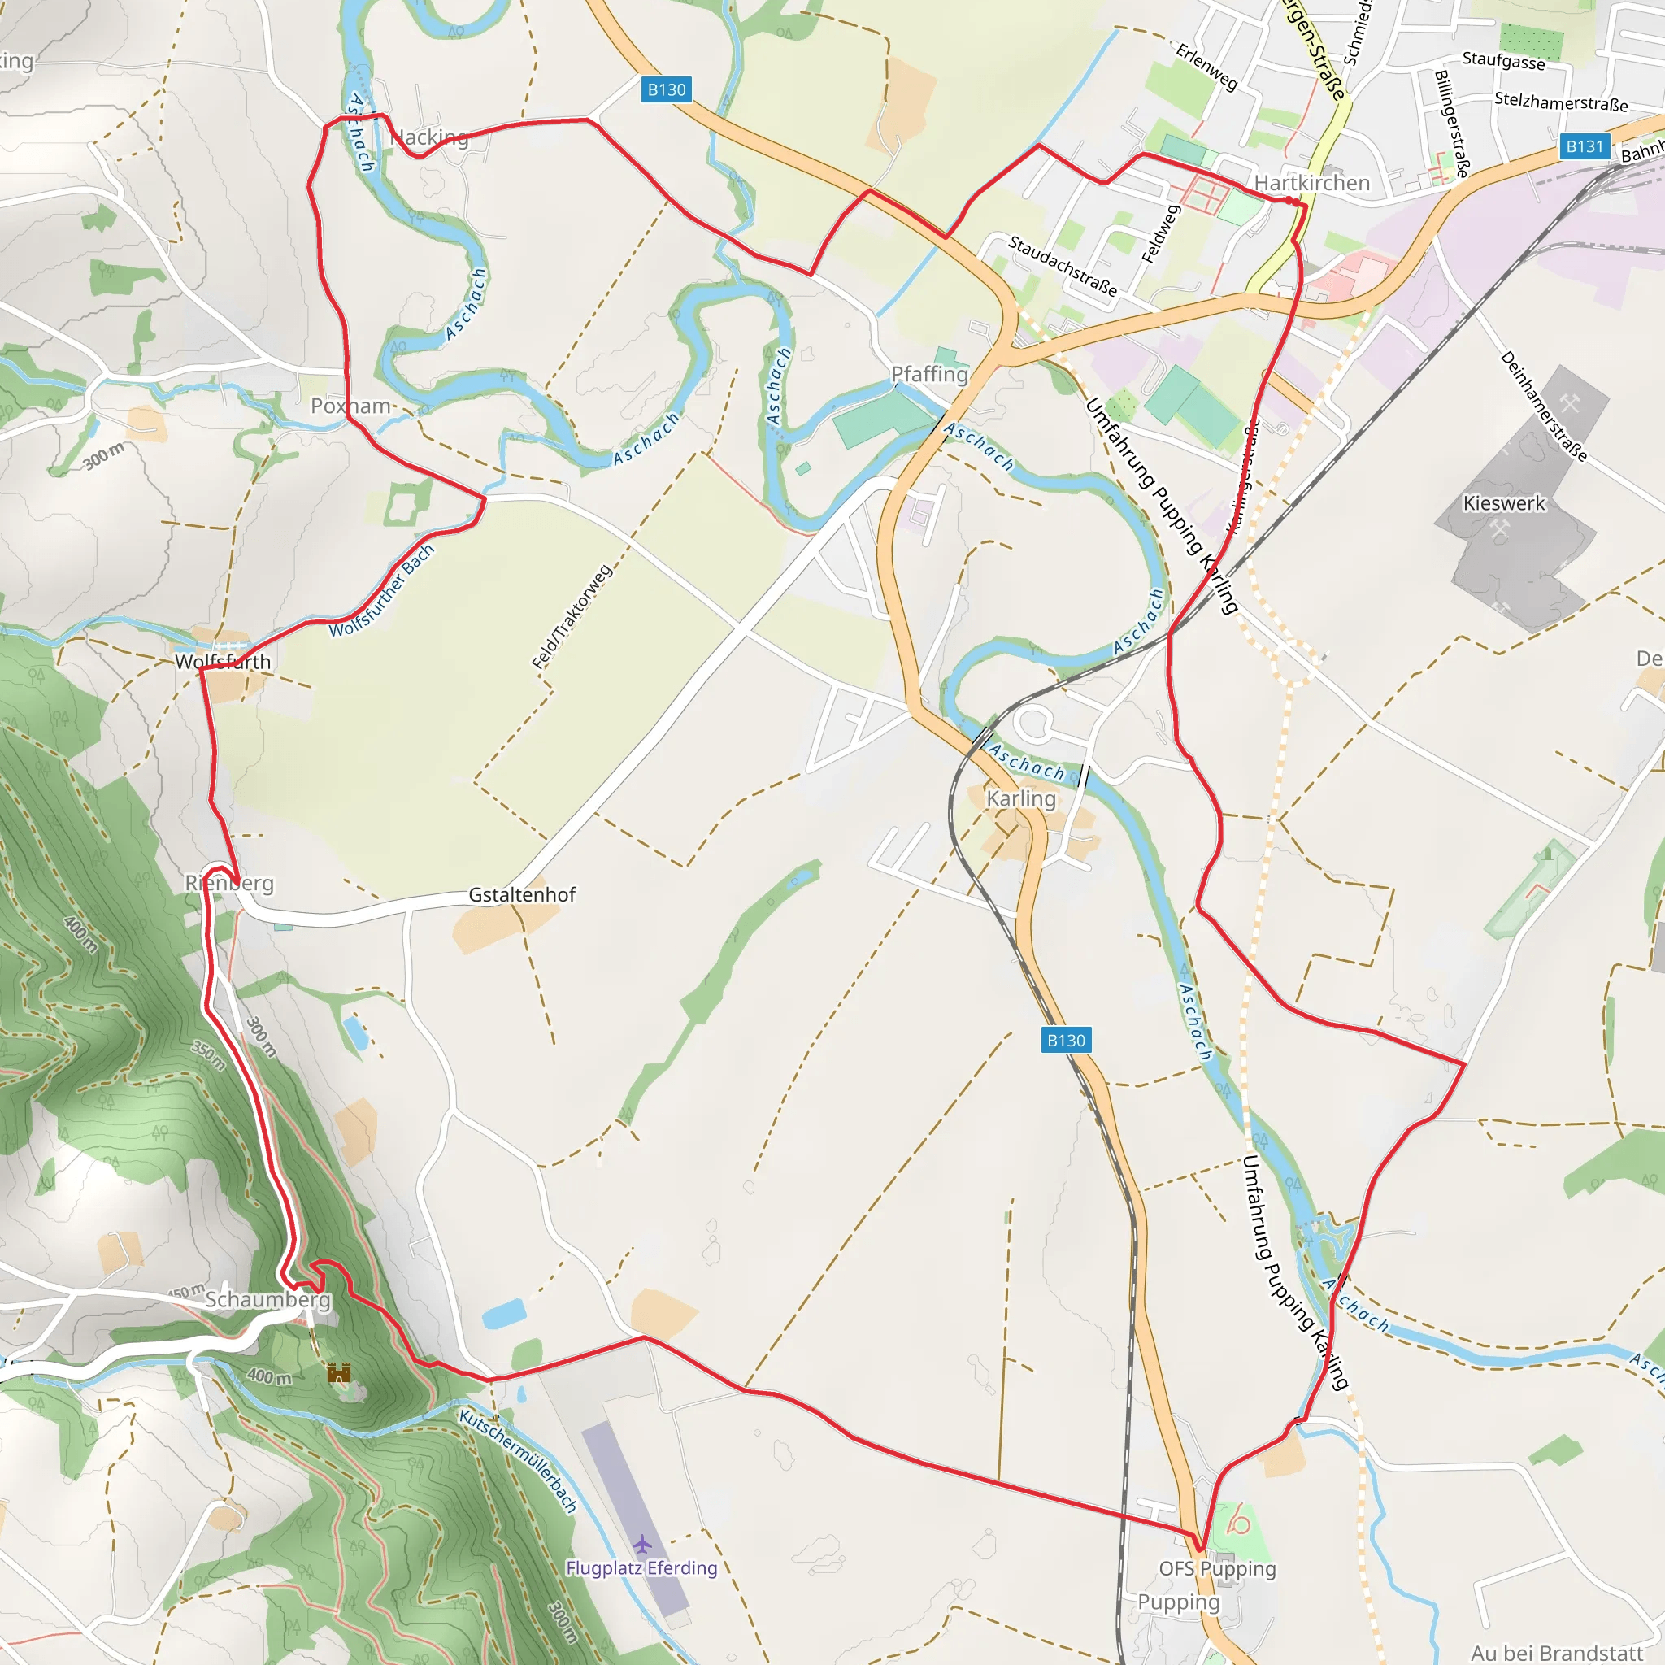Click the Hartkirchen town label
tap(1311, 183)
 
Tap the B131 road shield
tap(1584, 146)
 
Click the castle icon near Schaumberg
tap(340, 1372)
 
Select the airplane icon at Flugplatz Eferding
tap(642, 1542)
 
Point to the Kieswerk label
tap(1504, 502)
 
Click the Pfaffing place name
tap(929, 374)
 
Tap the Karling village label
tap(1020, 798)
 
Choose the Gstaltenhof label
tap(521, 894)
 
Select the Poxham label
tap(350, 406)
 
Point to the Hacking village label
tap(429, 137)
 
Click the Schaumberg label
tap(267, 1300)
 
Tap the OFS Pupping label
tap(1217, 1568)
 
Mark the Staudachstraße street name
tap(1063, 265)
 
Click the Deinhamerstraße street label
tap(1542, 406)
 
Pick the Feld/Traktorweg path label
tap(572, 617)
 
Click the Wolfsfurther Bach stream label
tap(382, 591)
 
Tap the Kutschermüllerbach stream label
tap(517, 1462)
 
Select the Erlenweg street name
tap(1206, 67)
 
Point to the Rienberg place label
tap(229, 884)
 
